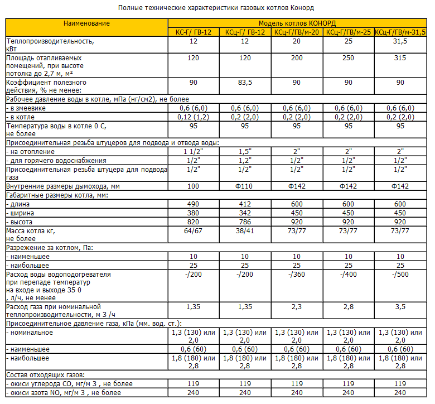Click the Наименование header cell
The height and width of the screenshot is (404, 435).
pos(86,23)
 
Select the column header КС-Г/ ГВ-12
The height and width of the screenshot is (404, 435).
pos(194,32)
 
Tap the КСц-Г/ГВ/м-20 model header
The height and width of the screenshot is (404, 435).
pos(297,32)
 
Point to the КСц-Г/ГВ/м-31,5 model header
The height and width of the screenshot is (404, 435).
pos(400,32)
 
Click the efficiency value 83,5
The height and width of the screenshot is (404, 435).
pos(245,83)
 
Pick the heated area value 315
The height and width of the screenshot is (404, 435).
pos(400,58)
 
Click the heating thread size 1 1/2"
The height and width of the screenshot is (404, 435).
pos(194,151)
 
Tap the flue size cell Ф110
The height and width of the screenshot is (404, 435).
pos(245,186)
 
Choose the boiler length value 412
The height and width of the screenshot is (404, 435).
pos(245,204)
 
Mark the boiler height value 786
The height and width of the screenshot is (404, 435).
pos(245,222)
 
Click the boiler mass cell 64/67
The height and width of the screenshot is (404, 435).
pos(194,230)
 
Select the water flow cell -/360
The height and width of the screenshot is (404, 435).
pos(297,275)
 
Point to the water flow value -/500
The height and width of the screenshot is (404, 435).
pos(400,275)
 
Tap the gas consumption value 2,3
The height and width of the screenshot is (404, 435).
pos(297,307)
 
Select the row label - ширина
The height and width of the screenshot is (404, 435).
pos(22,213)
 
